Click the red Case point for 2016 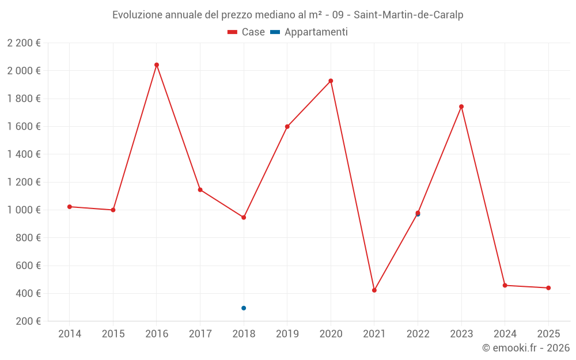coord(157,65)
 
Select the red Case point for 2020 coord(331,81)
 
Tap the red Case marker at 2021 coord(374,290)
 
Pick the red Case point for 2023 coord(461,107)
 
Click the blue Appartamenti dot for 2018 coord(244,308)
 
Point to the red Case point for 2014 coord(70,207)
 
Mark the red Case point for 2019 coord(287,127)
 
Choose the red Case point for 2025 coord(548,288)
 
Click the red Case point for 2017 coord(200,190)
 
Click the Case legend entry coord(247,32)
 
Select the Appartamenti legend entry coord(309,32)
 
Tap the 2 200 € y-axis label coord(24,43)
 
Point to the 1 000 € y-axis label coord(24,210)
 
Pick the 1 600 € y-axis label coord(24,127)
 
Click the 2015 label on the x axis coord(113,334)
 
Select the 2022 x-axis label coord(418,334)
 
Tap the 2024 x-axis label coord(505,334)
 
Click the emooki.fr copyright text coord(525,348)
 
